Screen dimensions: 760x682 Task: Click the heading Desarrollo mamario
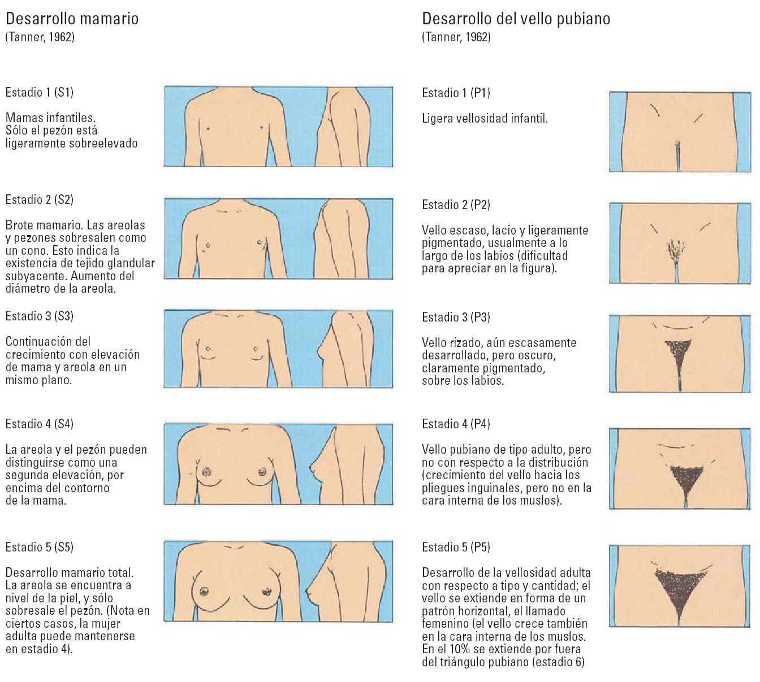click(x=72, y=19)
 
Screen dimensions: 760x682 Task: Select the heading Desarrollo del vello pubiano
click(x=516, y=19)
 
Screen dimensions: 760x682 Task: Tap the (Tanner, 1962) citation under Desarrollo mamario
click(x=40, y=37)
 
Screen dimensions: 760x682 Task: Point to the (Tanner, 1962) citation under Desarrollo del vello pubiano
click(x=456, y=37)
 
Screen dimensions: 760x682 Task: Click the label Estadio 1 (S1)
click(x=40, y=92)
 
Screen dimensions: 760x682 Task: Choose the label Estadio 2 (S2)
click(x=40, y=199)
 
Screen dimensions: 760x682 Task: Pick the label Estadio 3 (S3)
click(x=40, y=316)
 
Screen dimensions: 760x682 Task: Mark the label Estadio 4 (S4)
click(x=40, y=424)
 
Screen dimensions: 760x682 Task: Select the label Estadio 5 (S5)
click(x=40, y=547)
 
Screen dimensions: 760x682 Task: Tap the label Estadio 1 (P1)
click(x=456, y=93)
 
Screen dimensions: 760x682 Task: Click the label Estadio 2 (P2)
click(x=456, y=205)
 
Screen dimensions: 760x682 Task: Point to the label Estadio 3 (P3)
click(x=456, y=317)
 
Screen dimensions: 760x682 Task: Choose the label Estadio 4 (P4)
click(x=456, y=424)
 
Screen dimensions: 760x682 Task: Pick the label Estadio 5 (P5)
click(x=456, y=547)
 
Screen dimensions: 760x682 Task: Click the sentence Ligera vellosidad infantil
click(x=485, y=119)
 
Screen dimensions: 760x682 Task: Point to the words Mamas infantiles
click(x=50, y=118)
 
